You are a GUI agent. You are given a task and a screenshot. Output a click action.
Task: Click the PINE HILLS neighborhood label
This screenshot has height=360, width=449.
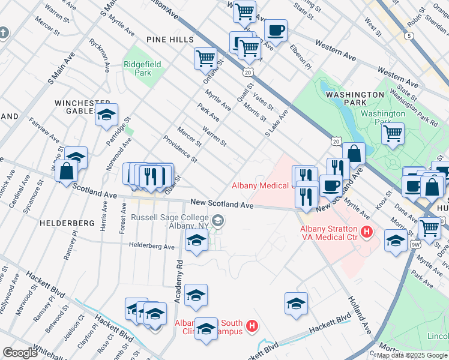click(168, 39)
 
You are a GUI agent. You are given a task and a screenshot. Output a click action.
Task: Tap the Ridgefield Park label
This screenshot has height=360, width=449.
click(137, 68)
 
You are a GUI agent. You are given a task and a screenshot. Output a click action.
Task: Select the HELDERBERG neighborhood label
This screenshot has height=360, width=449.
click(67, 223)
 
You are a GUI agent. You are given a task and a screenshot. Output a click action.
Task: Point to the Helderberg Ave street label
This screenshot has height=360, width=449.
click(152, 246)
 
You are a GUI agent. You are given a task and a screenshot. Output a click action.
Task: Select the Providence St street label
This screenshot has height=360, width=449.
click(180, 149)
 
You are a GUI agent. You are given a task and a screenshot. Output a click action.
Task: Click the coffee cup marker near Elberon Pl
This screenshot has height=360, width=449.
click(276, 30)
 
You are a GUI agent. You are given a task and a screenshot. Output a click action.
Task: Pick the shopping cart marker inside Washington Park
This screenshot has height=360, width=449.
click(393, 133)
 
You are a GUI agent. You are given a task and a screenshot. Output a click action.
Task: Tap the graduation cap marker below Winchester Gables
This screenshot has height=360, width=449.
click(106, 114)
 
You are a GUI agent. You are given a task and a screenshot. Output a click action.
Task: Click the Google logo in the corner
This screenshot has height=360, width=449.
click(20, 353)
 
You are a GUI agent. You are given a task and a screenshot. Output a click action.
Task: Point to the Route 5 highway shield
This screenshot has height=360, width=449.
click(409, 36)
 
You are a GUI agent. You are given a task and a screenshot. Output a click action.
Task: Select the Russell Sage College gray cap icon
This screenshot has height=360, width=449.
click(217, 221)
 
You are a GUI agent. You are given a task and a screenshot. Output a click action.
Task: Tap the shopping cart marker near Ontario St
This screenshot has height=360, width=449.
click(205, 59)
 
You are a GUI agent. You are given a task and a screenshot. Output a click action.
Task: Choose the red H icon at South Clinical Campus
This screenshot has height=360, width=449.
click(252, 327)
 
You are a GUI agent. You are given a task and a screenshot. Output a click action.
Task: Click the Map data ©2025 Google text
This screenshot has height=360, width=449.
click(412, 355)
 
